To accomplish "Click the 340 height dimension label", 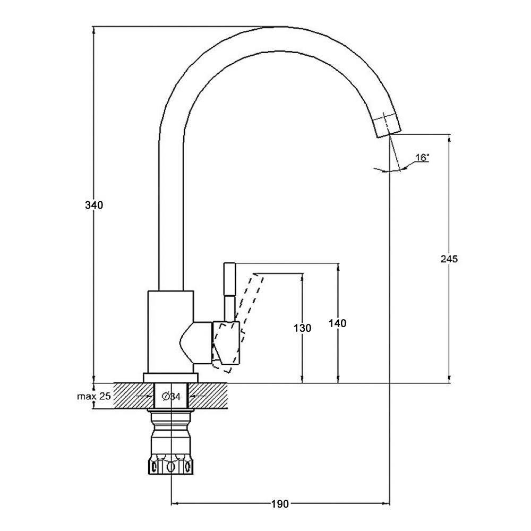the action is pos(94,205).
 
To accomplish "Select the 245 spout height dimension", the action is pos(449,259).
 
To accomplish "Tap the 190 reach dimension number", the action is pos(280,504).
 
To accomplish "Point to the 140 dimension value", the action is pos(338,323).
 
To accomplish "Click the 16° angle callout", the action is pos(422,158).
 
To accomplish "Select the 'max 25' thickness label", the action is pos(94,396).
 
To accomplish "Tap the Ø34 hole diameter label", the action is pos(172,396).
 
